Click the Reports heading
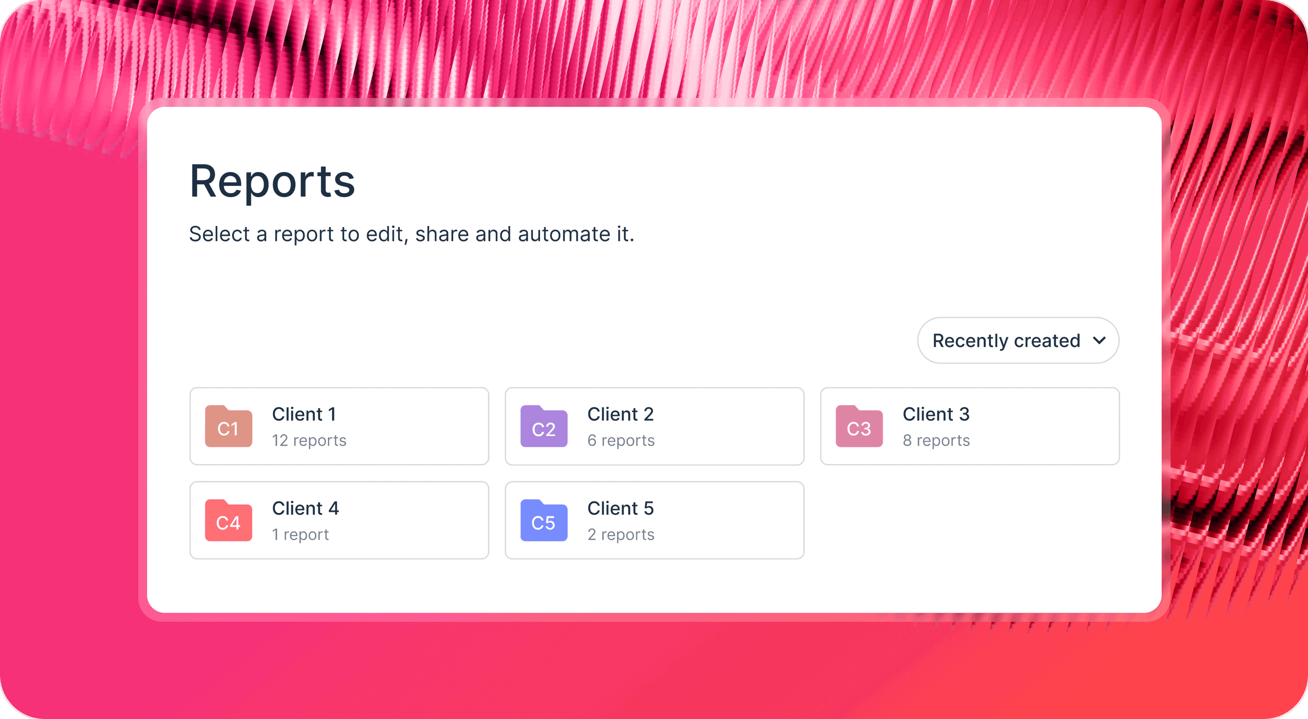[272, 182]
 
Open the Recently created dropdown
[1006, 340]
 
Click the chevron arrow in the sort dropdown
[1099, 340]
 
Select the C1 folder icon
[228, 427]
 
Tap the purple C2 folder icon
[544, 427]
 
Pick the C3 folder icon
[859, 427]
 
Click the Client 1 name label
[304, 414]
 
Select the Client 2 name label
[620, 414]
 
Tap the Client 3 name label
[936, 414]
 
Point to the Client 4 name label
[305, 508]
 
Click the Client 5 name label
[620, 508]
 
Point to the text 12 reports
[309, 440]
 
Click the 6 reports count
[621, 440]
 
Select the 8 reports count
[936, 440]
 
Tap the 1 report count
[300, 534]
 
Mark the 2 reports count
[621, 534]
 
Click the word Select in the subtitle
[220, 234]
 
